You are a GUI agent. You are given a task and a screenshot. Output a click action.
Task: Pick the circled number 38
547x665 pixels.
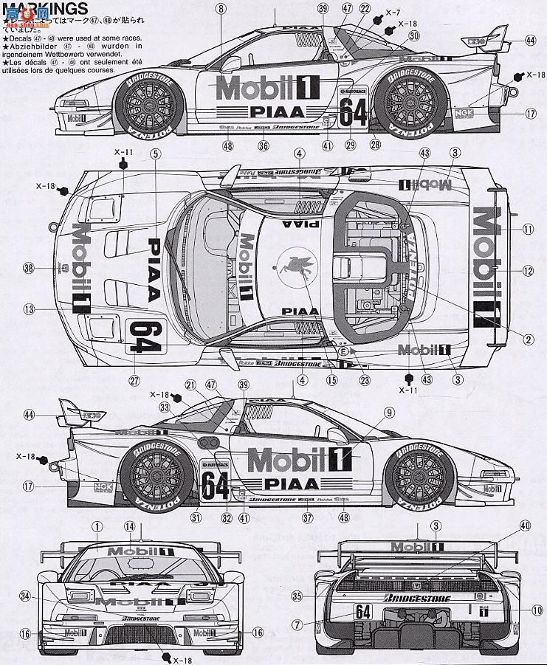click(x=28, y=269)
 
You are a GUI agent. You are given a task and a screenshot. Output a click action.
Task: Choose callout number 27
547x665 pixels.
click(x=134, y=381)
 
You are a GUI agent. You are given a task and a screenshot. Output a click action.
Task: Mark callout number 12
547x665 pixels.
click(x=527, y=271)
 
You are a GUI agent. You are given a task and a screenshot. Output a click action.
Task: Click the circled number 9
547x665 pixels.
click(x=388, y=413)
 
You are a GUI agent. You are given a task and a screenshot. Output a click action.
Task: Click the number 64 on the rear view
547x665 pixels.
click(x=362, y=612)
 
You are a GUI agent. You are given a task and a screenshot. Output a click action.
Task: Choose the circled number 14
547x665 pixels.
click(x=130, y=526)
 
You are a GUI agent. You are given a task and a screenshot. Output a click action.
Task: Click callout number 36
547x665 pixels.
click(x=262, y=146)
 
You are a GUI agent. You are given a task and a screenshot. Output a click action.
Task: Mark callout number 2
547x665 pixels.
click(x=529, y=340)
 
